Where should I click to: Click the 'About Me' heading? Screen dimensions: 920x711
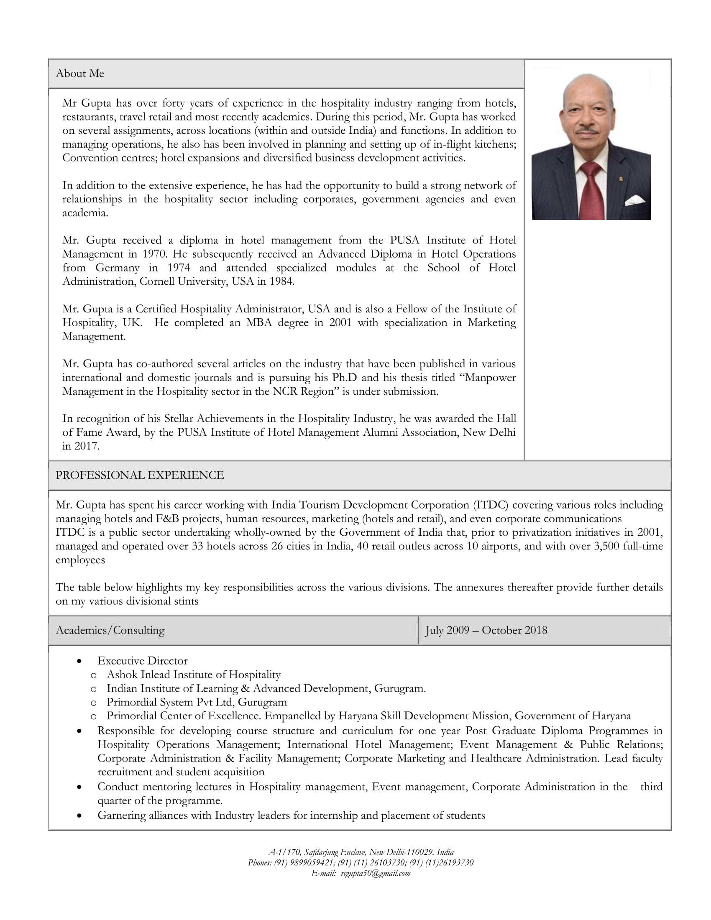tap(80, 74)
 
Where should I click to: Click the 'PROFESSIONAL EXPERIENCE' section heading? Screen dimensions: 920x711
tap(139, 475)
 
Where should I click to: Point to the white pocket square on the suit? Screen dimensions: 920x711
tap(634, 200)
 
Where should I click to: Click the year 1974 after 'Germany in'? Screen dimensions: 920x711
tap(178, 268)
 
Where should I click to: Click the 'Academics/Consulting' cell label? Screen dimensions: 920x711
tap(110, 630)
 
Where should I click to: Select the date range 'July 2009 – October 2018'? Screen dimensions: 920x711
tap(486, 630)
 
